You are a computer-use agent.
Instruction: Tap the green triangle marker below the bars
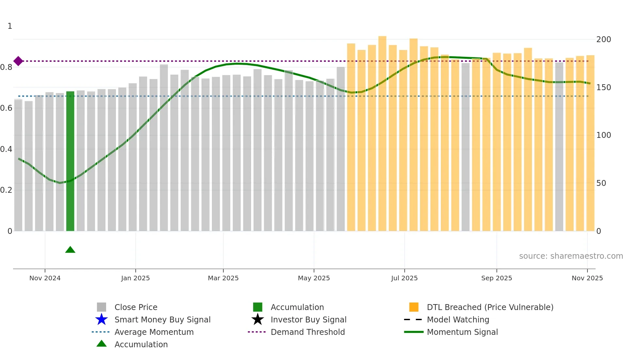(70, 250)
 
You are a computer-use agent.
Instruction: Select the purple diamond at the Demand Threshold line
(18, 61)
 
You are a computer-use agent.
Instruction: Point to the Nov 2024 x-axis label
(45, 278)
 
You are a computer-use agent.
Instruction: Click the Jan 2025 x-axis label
(135, 278)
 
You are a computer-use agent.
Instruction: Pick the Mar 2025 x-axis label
(223, 278)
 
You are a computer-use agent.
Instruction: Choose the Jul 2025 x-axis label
(404, 278)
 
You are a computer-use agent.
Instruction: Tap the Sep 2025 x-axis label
(496, 278)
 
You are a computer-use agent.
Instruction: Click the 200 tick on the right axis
(603, 40)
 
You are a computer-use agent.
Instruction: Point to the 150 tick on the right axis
(603, 88)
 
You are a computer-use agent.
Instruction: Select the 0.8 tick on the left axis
(7, 67)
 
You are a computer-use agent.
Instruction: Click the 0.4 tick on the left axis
(7, 149)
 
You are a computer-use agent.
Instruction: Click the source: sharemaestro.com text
(571, 256)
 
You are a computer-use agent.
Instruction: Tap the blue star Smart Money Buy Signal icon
(102, 319)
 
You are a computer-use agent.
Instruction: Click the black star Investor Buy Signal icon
(258, 319)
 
